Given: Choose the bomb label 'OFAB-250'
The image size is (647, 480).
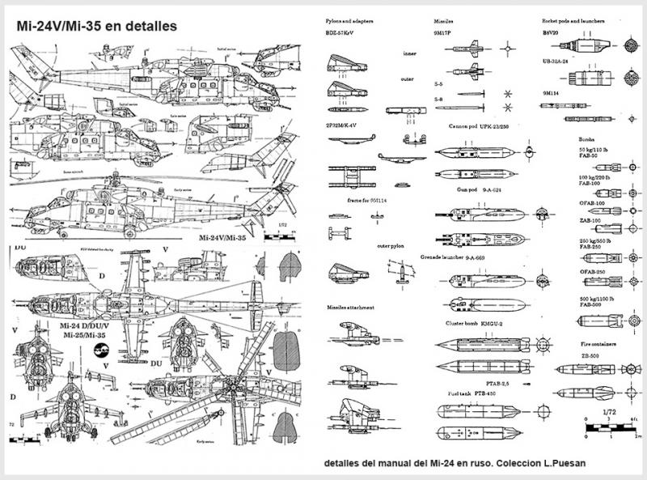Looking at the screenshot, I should (594, 271).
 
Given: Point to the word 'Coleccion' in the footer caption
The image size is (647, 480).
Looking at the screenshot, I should (530, 464).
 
